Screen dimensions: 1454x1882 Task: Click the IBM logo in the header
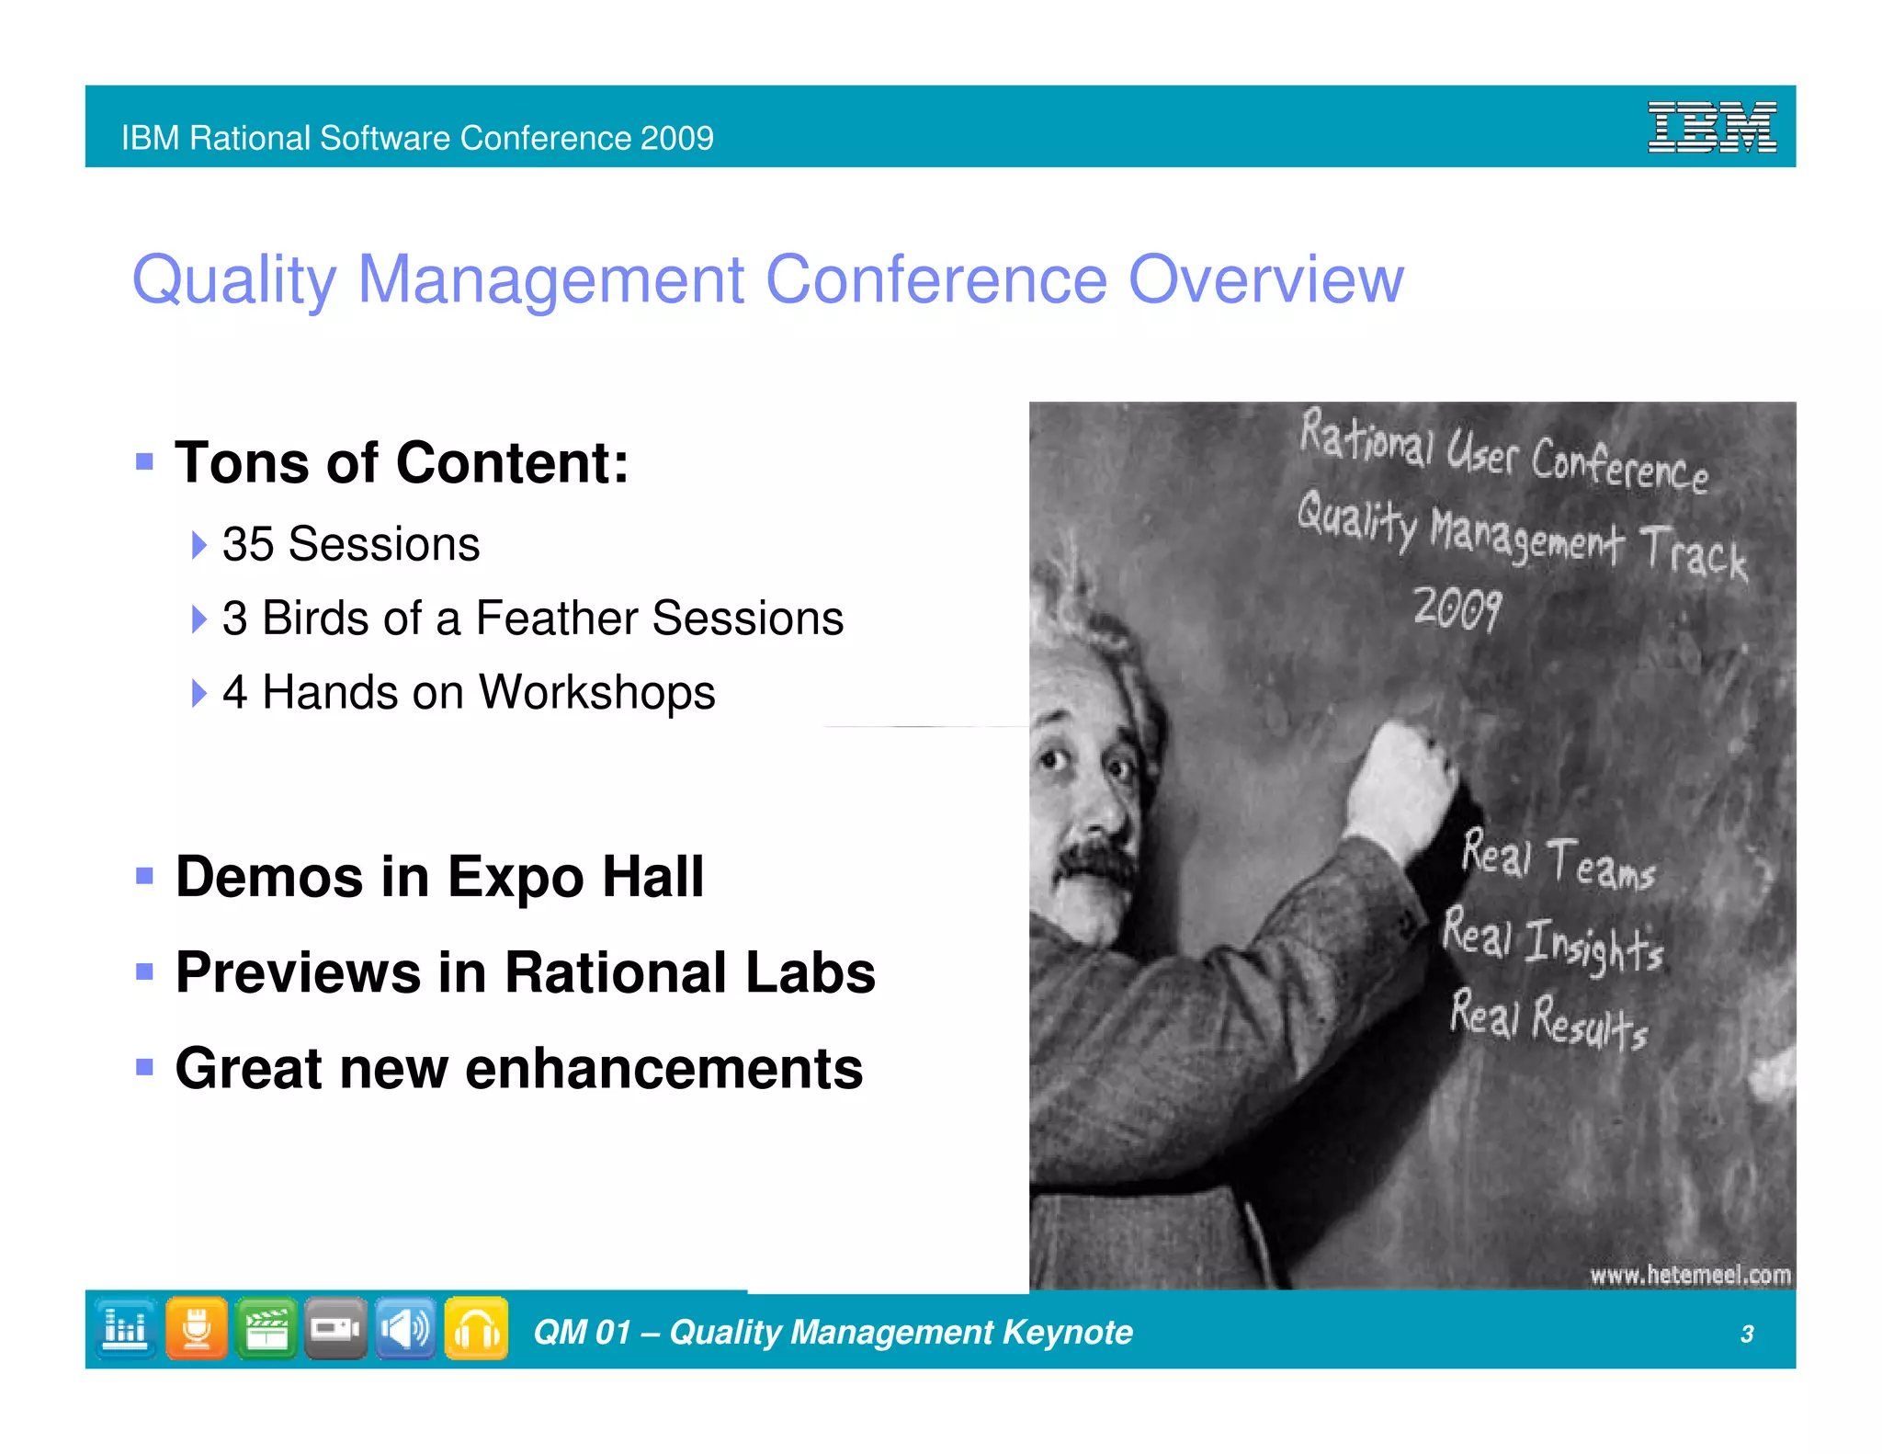coord(1711,127)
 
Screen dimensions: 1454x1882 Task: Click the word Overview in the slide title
coord(1265,279)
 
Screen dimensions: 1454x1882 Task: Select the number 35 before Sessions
coord(247,544)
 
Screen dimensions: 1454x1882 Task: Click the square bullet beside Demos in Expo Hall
coord(144,876)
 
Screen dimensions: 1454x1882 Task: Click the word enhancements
coord(663,1069)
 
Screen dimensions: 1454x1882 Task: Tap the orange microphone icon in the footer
coord(197,1329)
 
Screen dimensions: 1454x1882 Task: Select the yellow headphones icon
coord(476,1329)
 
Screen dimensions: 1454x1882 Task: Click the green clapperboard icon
coord(266,1329)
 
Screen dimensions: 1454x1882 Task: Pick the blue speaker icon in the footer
coord(405,1329)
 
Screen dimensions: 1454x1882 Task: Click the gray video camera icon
coord(335,1329)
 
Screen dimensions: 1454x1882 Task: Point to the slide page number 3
coord(1747,1334)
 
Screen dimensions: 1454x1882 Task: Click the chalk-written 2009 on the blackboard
coord(1457,608)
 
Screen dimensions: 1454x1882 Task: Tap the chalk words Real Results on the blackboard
coord(1548,1018)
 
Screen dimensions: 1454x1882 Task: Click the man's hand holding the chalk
coord(1401,781)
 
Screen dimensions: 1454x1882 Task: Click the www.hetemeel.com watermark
coord(1690,1275)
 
